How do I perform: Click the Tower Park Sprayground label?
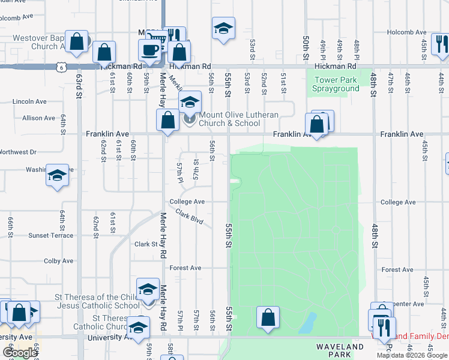click(336, 84)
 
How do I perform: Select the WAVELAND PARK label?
click(340, 351)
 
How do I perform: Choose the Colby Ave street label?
click(58, 261)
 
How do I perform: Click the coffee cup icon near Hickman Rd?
click(150, 50)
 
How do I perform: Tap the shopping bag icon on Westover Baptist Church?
click(77, 41)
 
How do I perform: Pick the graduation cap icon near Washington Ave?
click(57, 175)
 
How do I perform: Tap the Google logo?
click(20, 353)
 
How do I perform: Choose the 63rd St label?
click(79, 86)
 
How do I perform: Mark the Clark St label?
click(146, 244)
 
